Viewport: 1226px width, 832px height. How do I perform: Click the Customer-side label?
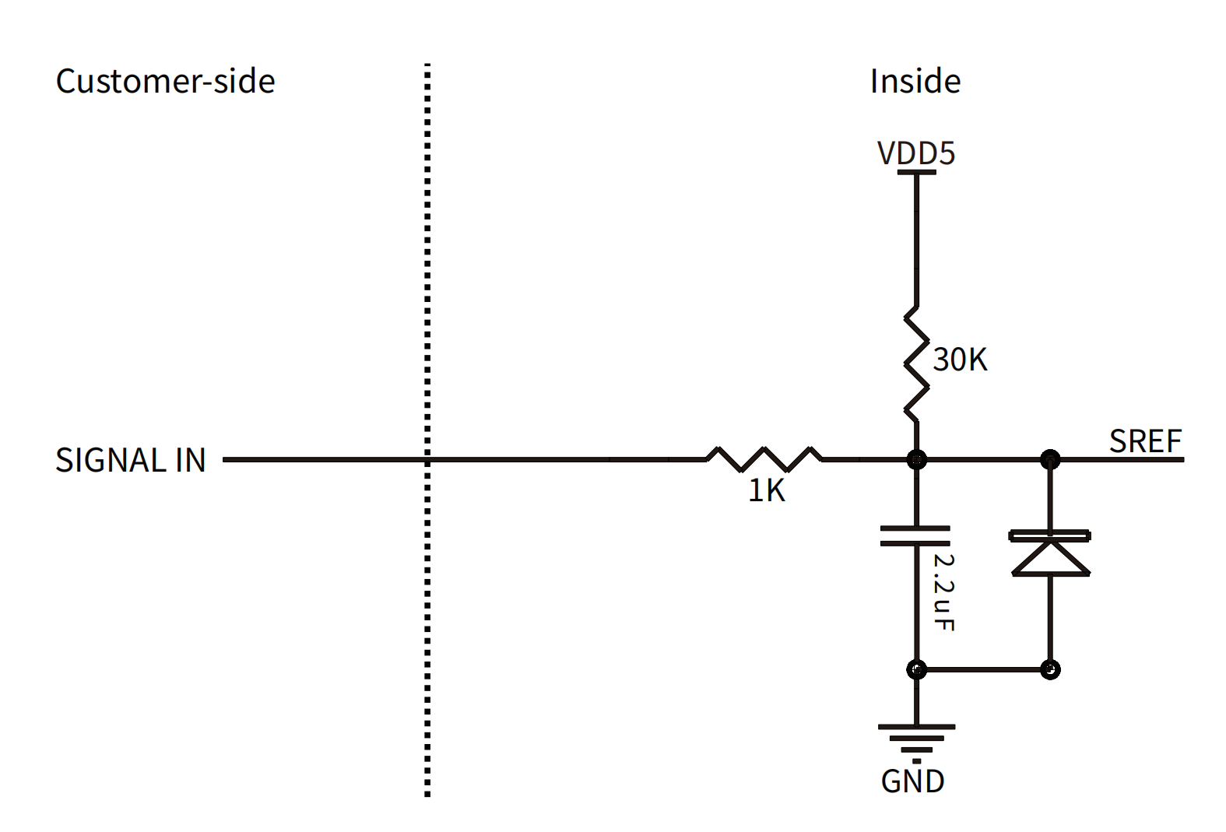click(165, 82)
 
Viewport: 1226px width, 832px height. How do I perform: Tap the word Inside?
click(915, 82)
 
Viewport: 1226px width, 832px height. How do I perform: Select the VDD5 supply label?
click(916, 153)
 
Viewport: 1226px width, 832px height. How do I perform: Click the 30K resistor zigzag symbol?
click(916, 364)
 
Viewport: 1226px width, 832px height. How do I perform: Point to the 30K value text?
click(960, 360)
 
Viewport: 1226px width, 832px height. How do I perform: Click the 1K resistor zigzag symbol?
click(764, 459)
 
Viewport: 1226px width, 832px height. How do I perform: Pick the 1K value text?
click(766, 490)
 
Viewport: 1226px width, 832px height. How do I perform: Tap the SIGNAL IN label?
click(130, 460)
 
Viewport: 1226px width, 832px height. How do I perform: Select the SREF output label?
click(1146, 441)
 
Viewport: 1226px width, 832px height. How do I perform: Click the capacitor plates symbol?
click(915, 536)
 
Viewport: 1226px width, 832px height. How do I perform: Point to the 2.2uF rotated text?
click(943, 592)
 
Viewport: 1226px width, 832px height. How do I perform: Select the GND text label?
click(912, 781)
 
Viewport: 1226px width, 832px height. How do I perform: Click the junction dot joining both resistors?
click(917, 459)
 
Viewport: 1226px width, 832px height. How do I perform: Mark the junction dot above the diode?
click(1050, 459)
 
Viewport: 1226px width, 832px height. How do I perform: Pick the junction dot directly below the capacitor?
click(917, 669)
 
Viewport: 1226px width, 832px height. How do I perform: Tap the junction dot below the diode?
click(1050, 669)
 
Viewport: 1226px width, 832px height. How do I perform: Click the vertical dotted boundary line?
click(427, 430)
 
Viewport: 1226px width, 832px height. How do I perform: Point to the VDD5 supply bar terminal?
click(916, 173)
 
